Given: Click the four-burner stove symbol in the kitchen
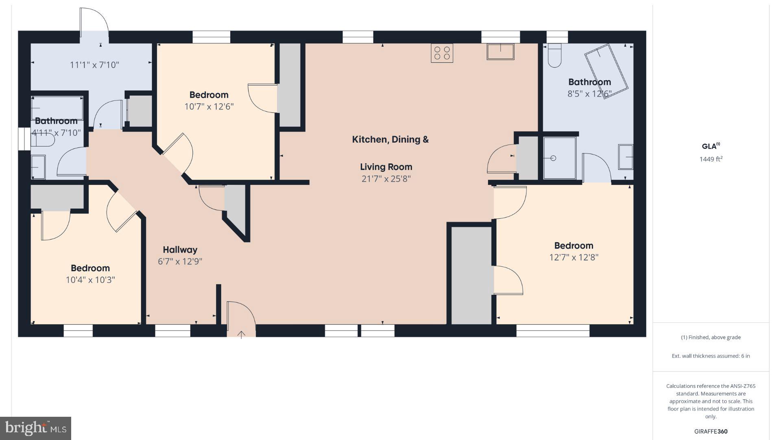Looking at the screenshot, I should (x=442, y=53).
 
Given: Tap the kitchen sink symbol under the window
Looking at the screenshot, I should (x=500, y=52).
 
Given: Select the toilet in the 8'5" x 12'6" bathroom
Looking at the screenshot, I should (x=554, y=56).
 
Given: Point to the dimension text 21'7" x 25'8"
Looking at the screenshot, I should (x=386, y=178).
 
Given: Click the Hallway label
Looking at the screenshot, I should (x=180, y=250).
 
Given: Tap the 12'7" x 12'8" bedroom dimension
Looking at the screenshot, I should (x=574, y=257).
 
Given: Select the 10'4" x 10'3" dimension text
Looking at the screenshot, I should (x=90, y=280).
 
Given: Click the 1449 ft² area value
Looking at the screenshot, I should (x=711, y=159).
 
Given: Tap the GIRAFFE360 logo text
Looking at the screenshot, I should (x=711, y=431).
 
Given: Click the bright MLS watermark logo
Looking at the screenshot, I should (x=36, y=428).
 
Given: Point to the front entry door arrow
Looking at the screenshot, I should (x=241, y=334).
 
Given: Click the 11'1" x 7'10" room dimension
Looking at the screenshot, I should (x=94, y=65).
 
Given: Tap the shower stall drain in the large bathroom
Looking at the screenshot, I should (x=553, y=158).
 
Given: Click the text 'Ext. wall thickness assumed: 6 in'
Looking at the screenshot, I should (x=711, y=356).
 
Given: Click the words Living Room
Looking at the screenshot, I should (x=386, y=167).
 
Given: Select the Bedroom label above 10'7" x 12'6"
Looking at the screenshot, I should (x=209, y=95).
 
